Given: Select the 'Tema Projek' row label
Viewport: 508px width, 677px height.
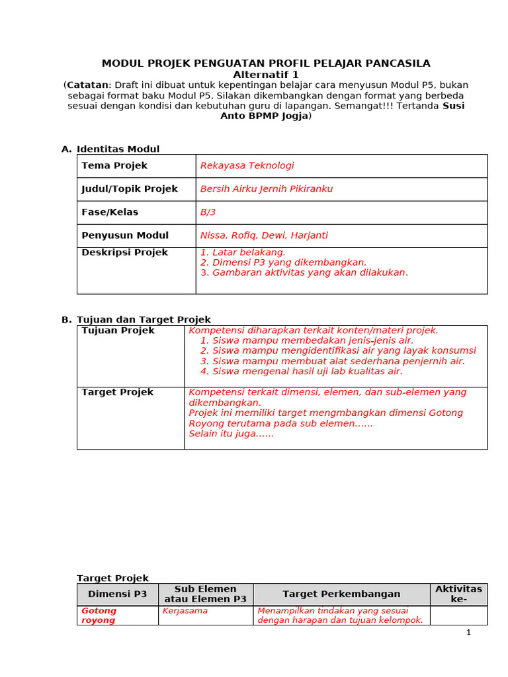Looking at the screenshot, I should click(x=114, y=166).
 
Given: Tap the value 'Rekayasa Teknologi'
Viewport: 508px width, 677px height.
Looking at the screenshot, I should click(x=247, y=166).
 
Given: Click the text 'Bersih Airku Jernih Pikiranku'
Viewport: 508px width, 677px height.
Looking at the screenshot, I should click(x=267, y=189).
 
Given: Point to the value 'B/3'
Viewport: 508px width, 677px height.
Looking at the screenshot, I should click(x=208, y=212).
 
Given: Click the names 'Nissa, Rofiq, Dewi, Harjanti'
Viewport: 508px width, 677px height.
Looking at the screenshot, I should click(x=264, y=235).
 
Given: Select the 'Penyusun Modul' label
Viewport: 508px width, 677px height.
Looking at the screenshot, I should click(x=125, y=235).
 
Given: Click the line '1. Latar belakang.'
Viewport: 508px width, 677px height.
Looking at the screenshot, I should click(x=243, y=253).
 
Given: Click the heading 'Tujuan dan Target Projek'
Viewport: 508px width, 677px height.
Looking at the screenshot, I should click(x=144, y=320).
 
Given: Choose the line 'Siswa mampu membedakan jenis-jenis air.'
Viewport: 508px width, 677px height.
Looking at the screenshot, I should click(x=307, y=340).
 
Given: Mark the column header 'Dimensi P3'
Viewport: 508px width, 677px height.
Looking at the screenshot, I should click(x=117, y=594).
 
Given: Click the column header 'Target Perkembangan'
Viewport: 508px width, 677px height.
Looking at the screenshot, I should click(x=341, y=594).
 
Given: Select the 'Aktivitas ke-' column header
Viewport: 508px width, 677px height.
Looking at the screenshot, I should click(x=458, y=594).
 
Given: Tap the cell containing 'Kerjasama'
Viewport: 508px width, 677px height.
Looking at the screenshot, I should click(x=185, y=611).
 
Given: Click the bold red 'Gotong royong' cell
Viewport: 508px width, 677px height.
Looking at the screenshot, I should click(x=99, y=616).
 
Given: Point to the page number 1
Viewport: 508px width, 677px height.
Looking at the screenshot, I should click(x=468, y=633).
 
